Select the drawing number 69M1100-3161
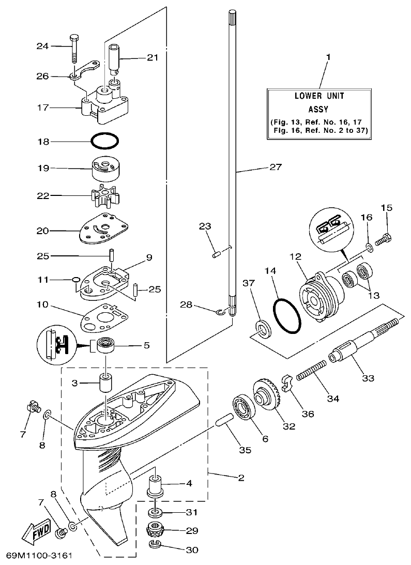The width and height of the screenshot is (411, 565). click(x=38, y=556)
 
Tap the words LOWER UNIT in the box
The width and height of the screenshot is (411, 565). click(x=319, y=96)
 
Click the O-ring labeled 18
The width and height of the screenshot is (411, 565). click(x=105, y=141)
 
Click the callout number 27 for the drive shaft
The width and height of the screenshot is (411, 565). click(x=275, y=167)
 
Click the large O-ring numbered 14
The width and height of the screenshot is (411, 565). click(x=287, y=316)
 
